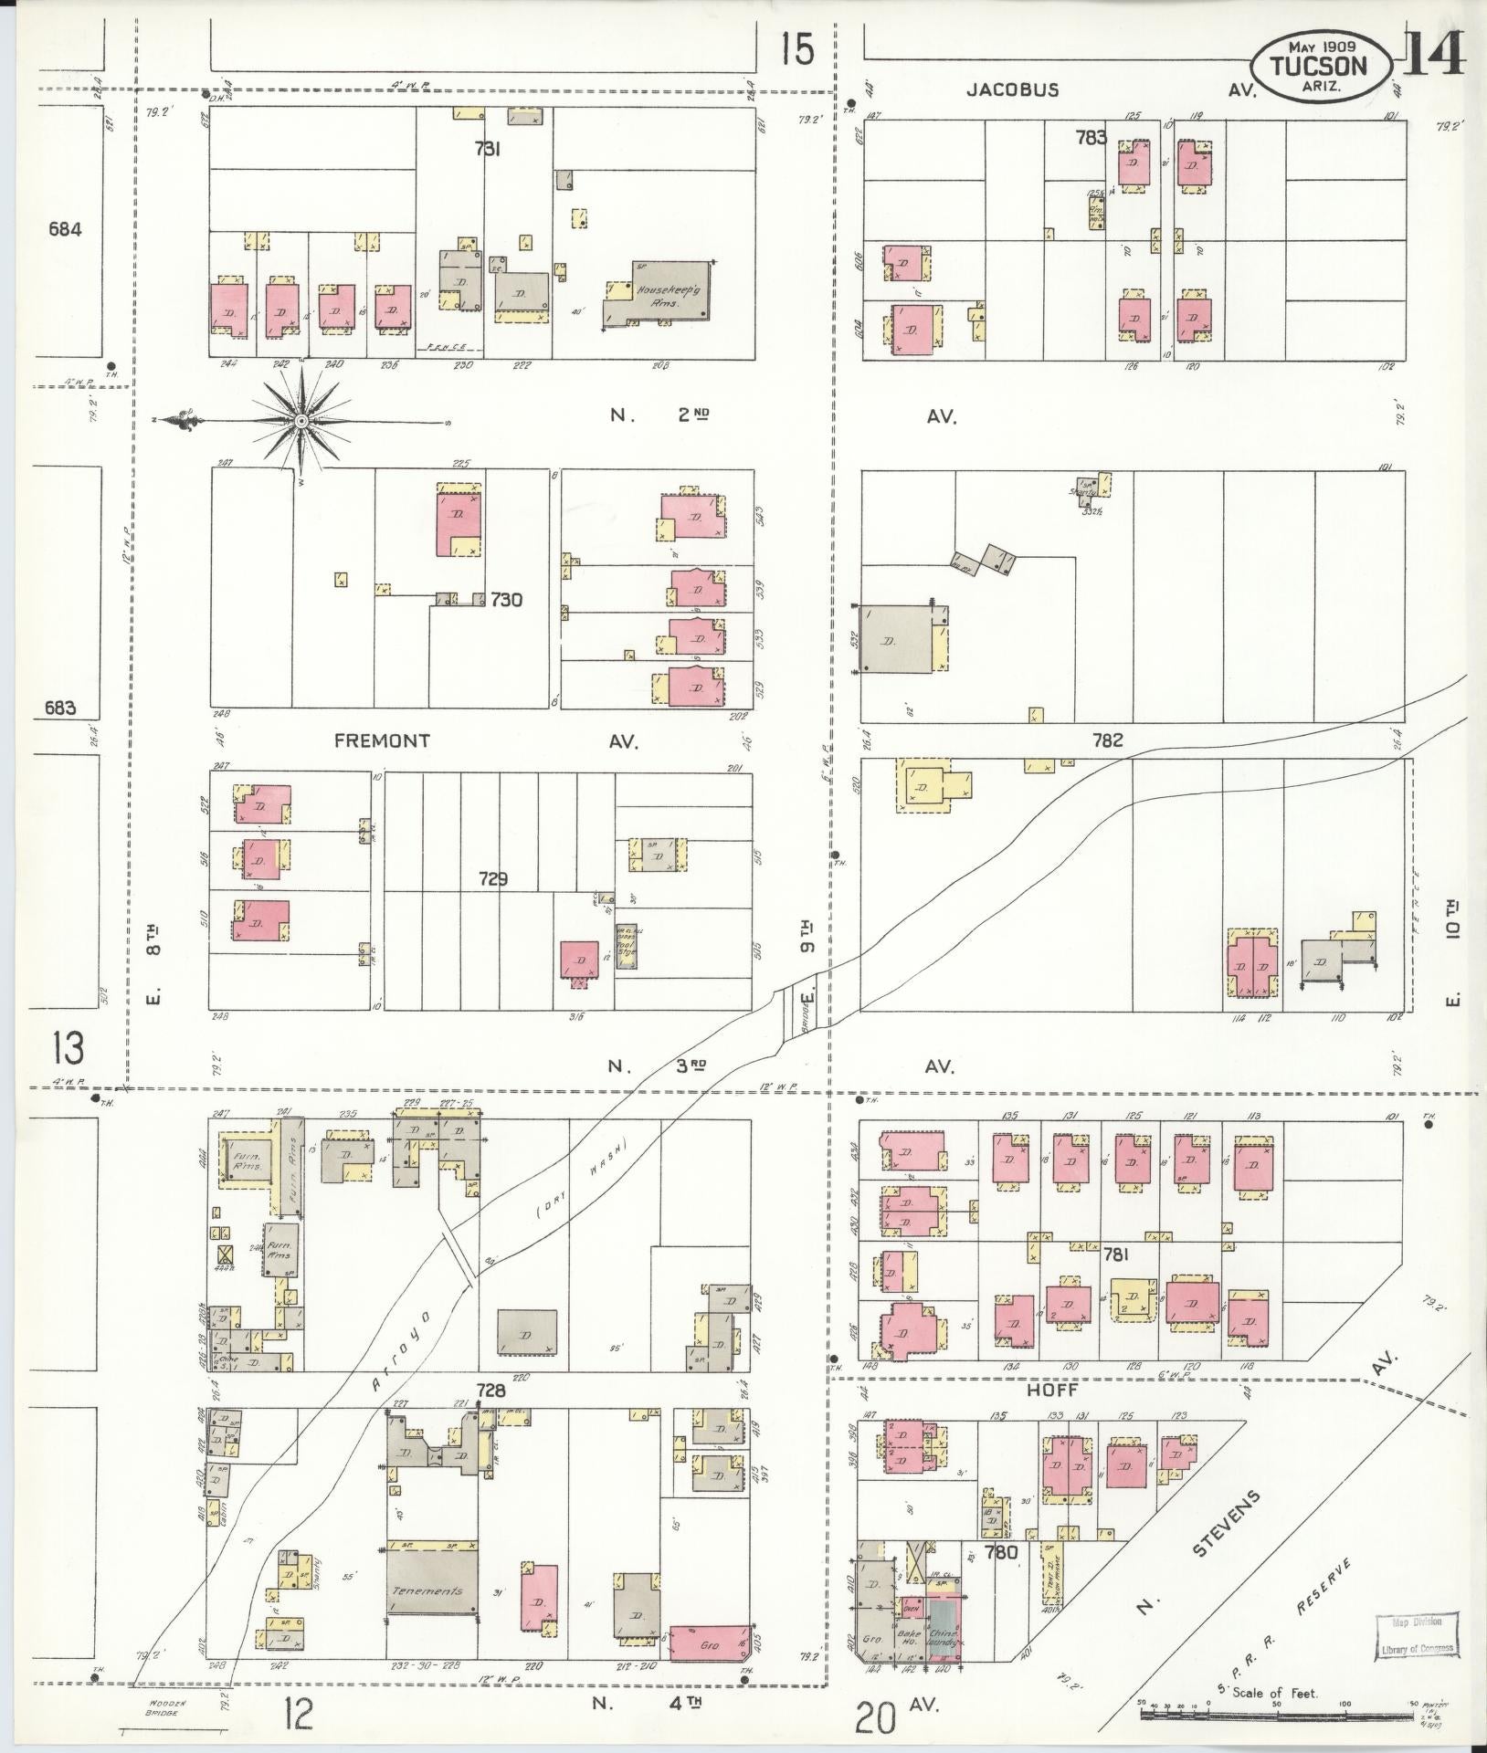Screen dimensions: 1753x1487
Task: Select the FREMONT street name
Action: click(x=382, y=740)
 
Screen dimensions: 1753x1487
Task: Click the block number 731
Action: click(x=486, y=149)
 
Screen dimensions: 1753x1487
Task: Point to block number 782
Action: click(x=1107, y=741)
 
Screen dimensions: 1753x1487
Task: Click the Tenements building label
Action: click(x=428, y=1590)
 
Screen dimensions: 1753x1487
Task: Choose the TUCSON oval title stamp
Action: click(x=1322, y=67)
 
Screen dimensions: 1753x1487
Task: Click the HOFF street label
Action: click(x=1053, y=1415)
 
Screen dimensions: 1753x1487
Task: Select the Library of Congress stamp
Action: click(x=1412, y=1635)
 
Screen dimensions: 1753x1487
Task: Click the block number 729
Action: click(x=493, y=879)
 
